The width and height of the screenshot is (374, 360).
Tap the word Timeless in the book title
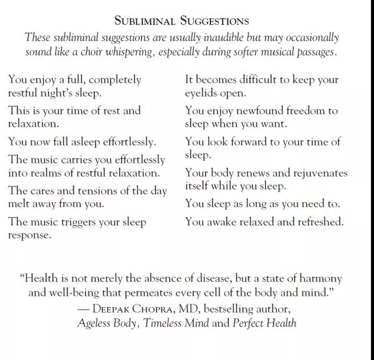(165, 323)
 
